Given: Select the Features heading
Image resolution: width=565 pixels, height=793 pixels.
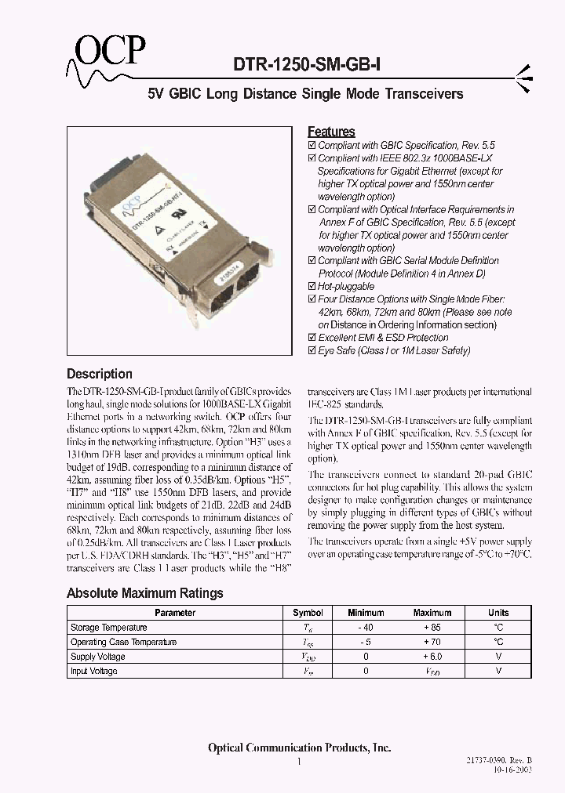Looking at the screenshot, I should (331, 132).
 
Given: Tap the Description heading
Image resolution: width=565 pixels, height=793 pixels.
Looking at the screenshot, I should (99, 374).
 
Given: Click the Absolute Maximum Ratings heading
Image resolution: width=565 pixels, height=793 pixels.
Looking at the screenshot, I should (144, 593).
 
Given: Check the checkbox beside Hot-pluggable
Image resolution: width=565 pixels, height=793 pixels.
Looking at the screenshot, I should (312, 287).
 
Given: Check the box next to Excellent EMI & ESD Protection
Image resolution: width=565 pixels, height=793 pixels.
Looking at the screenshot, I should (312, 338).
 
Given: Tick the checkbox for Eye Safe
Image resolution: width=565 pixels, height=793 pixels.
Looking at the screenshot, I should (312, 351).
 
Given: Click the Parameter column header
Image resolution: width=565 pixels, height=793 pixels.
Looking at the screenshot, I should (174, 613).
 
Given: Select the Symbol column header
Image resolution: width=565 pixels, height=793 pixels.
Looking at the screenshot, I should (308, 613).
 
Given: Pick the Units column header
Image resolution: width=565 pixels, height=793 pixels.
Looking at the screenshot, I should (498, 613).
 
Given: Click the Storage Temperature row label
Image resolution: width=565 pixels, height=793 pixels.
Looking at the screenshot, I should (108, 628).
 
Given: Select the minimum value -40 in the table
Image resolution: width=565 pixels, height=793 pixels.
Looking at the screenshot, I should (366, 628).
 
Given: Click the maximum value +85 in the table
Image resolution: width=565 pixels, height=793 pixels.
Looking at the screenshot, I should (432, 628).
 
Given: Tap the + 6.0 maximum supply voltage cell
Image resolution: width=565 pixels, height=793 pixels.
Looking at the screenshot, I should (432, 657).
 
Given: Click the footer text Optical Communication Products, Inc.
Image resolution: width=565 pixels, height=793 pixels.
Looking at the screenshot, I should (299, 748).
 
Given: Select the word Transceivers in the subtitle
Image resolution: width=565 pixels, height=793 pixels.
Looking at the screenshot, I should (424, 94).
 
